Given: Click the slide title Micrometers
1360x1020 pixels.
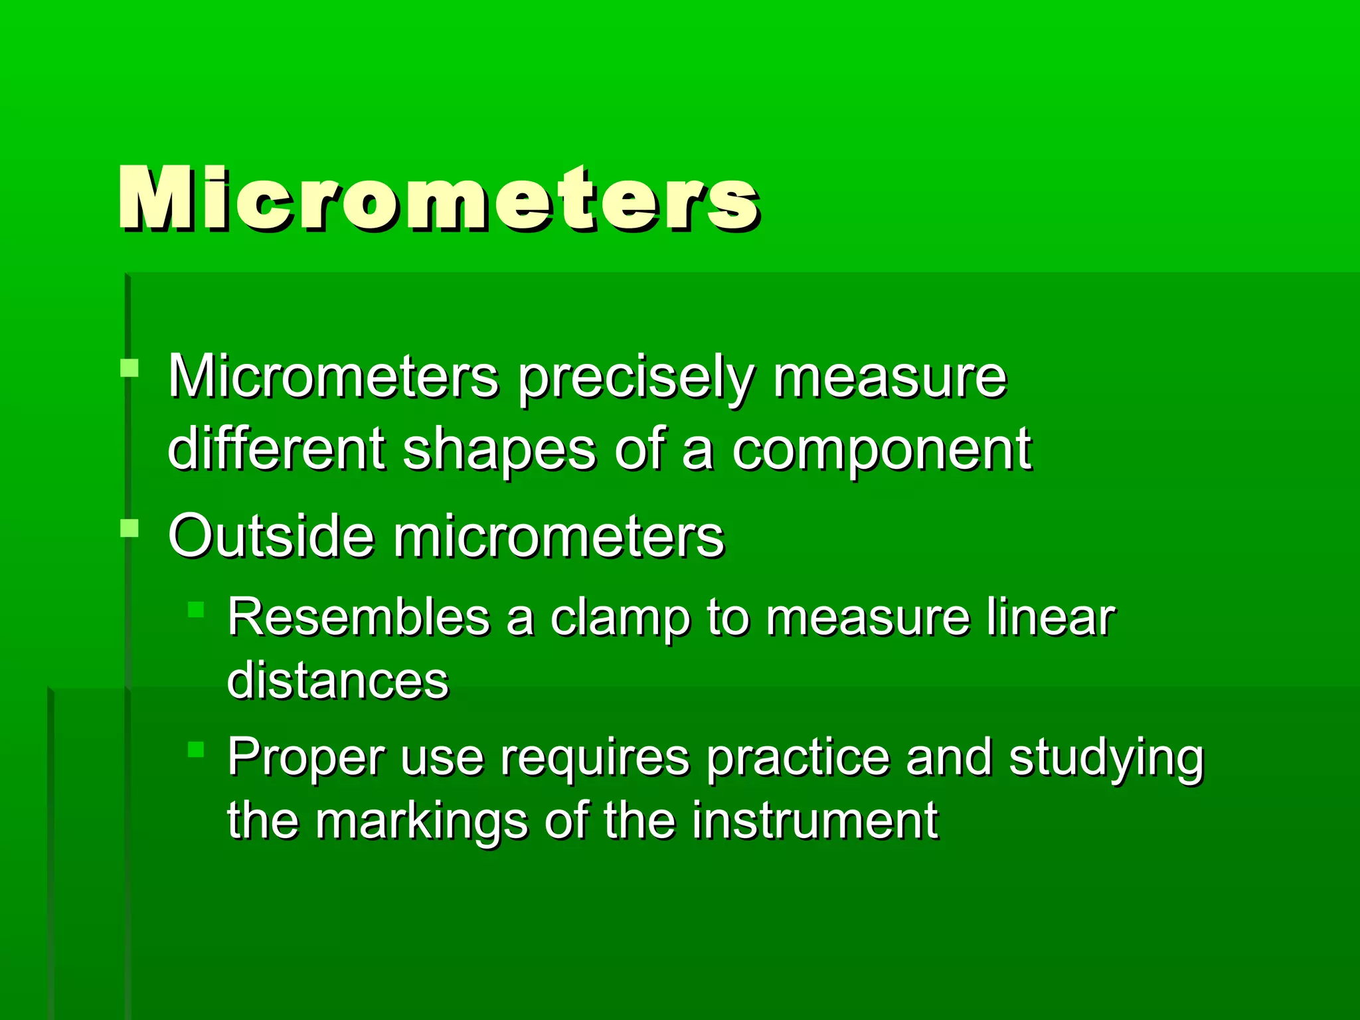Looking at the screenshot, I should (x=438, y=199).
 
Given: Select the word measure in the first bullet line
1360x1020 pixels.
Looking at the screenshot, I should (x=890, y=379).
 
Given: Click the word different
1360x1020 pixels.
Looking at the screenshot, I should (x=276, y=449).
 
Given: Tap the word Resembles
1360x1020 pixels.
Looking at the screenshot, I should (x=359, y=617).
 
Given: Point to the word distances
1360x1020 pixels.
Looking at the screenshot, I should (x=338, y=680).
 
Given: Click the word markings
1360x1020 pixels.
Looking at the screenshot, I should (x=421, y=822).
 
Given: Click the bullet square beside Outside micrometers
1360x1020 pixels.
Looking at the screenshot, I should (x=129, y=529).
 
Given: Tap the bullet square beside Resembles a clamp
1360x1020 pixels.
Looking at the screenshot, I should (x=195, y=610).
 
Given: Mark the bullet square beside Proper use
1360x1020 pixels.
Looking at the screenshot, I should (x=195, y=750).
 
